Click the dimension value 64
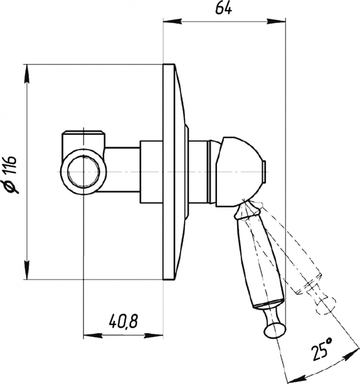click(x=224, y=9)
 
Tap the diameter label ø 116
click(x=12, y=174)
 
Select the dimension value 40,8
click(x=123, y=321)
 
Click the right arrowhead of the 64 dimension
click(x=276, y=22)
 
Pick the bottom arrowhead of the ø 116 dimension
click(x=27, y=270)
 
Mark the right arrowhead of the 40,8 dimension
click(x=154, y=335)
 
